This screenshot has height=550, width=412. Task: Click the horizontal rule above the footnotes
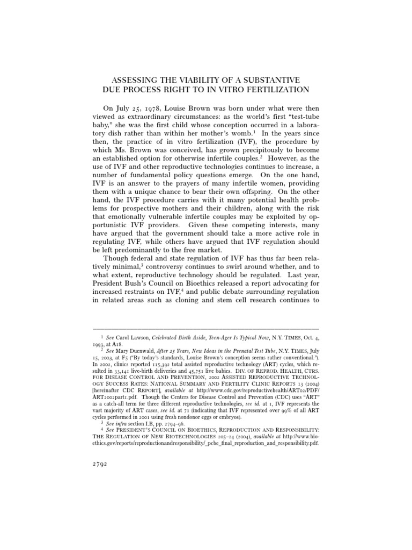tap(206, 328)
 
